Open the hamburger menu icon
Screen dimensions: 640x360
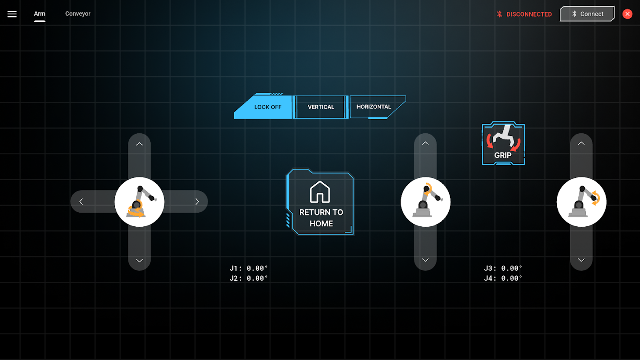coord(12,14)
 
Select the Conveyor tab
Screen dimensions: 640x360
coord(78,13)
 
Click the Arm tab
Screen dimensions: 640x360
coord(40,13)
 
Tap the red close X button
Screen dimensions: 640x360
coord(627,14)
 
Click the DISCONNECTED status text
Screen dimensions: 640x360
coord(529,14)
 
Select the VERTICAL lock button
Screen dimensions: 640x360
coord(320,107)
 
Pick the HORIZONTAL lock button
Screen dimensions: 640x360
coord(374,107)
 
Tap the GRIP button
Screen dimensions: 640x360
coord(503,144)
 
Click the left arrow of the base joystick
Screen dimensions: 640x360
coord(81,202)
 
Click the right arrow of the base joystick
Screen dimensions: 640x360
coord(197,202)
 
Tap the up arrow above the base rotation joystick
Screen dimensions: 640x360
coord(140,144)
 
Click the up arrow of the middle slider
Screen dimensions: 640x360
coord(425,144)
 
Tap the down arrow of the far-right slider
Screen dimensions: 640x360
coord(581,260)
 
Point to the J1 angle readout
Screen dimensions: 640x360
coord(248,268)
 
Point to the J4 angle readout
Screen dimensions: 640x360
coord(503,278)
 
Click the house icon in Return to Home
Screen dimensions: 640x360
coord(320,192)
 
